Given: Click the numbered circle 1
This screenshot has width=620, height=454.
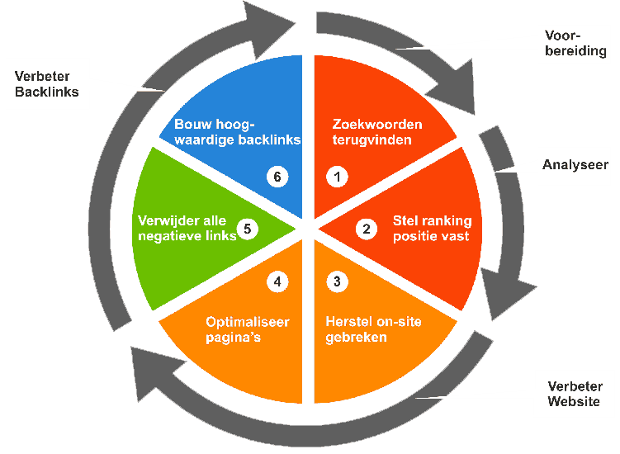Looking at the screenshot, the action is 337,177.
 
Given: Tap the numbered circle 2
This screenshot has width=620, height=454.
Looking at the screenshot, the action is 367,229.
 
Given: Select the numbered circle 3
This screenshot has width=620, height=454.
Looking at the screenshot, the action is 337,281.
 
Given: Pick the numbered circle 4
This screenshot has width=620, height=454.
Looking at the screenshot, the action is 277,281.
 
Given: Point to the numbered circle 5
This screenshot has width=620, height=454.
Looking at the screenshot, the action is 247,229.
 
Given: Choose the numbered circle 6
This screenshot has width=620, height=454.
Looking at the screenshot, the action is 277,177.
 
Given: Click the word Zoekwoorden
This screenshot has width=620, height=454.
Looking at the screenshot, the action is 377,124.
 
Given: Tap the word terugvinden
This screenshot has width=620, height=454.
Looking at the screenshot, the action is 372,140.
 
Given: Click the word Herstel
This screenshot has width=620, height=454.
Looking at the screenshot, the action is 348,321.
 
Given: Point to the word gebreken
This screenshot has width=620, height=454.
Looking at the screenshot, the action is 356,338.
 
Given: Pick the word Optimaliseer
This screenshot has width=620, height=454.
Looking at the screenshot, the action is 248,322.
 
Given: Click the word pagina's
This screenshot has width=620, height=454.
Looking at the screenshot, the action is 234,338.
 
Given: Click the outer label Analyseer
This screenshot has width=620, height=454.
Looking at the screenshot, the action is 575,165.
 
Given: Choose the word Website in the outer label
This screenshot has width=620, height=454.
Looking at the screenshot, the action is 574,401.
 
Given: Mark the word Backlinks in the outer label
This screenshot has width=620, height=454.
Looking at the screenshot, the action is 47,92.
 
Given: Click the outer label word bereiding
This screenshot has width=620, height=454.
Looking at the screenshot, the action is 575,51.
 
